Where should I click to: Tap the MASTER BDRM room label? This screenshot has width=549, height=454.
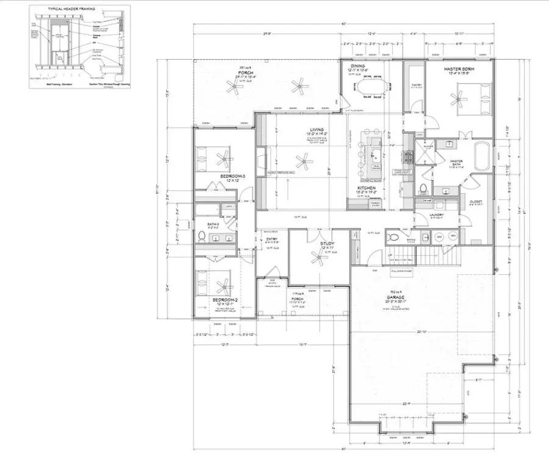point(459,69)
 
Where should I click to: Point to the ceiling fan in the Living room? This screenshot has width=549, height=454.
point(301,161)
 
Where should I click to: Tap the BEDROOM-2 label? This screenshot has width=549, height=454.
point(224,300)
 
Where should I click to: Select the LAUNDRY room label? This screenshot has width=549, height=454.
point(437,215)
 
